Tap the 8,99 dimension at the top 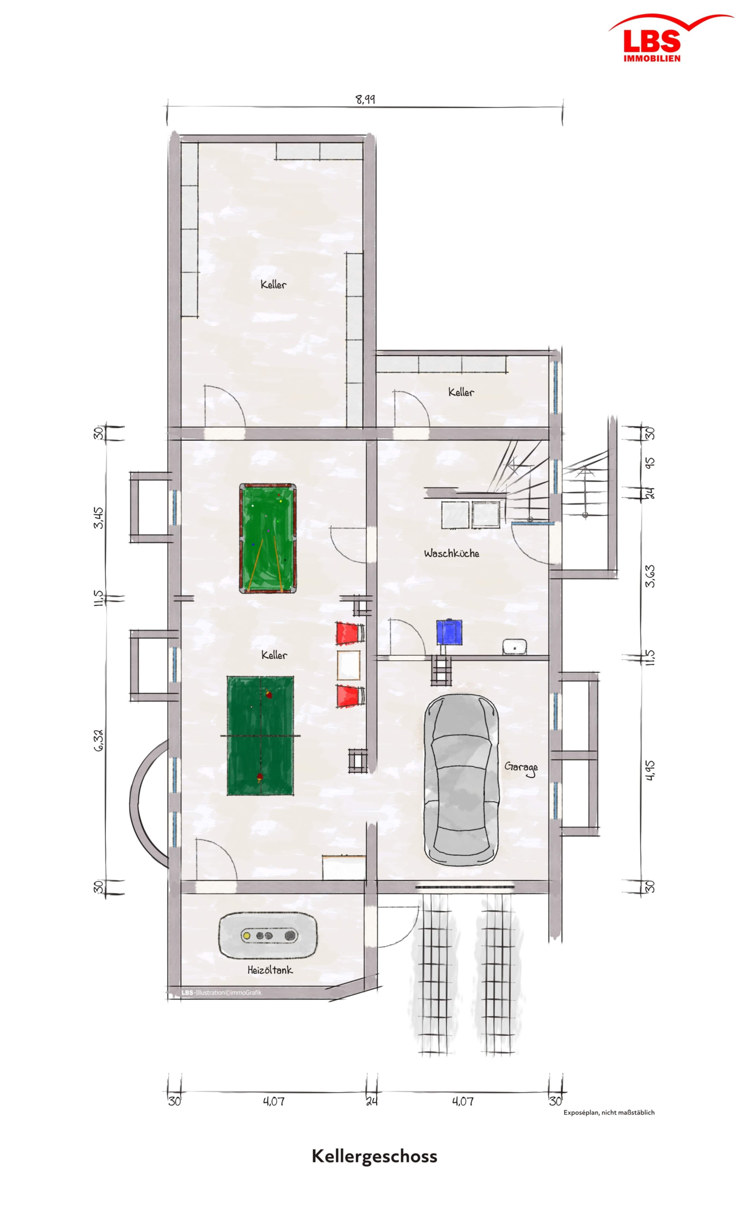366,99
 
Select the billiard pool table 267,538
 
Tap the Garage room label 521,768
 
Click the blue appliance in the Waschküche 449,632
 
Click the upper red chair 350,633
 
